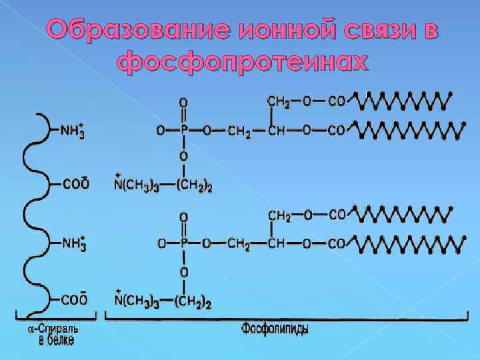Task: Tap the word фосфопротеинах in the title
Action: click(x=241, y=62)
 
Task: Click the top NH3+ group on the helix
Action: click(x=72, y=131)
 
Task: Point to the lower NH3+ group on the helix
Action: click(x=72, y=243)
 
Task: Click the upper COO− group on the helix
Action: click(x=74, y=183)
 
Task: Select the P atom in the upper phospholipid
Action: click(x=183, y=131)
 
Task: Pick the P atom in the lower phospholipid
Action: click(x=183, y=244)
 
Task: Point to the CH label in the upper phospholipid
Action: click(x=276, y=131)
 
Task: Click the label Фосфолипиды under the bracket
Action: click(x=275, y=327)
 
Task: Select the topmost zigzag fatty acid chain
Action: click(x=403, y=101)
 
